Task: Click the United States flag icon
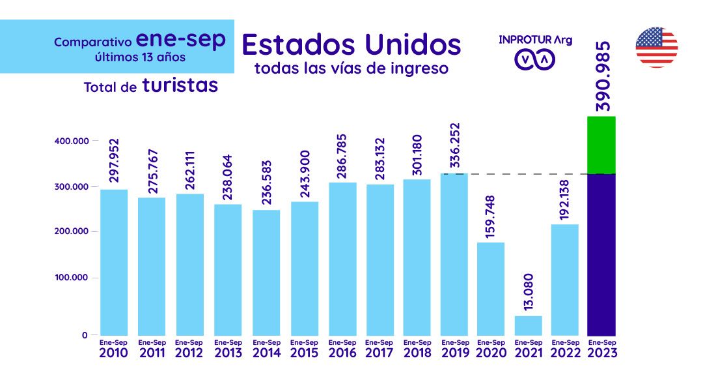[656, 48]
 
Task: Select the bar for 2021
[528, 325]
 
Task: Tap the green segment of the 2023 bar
[601, 145]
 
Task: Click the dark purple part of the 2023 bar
[601, 254]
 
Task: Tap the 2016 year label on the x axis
[342, 353]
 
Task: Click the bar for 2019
[454, 254]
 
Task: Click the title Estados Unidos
[351, 44]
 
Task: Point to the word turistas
[180, 85]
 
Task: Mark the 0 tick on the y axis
[85, 335]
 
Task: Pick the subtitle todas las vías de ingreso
[351, 68]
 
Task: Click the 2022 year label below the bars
[564, 353]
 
